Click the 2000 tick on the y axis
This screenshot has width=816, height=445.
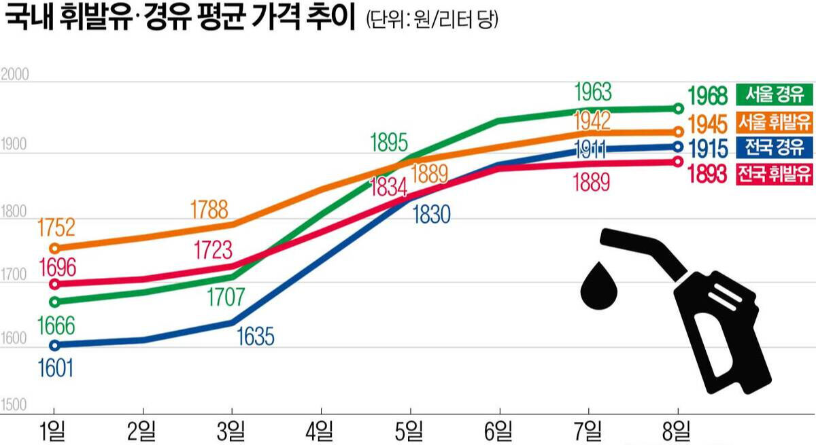[x=15, y=75]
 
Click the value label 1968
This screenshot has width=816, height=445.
[x=707, y=95]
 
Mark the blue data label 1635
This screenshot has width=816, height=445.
[x=255, y=336]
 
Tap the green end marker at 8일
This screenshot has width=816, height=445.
[x=678, y=108]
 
